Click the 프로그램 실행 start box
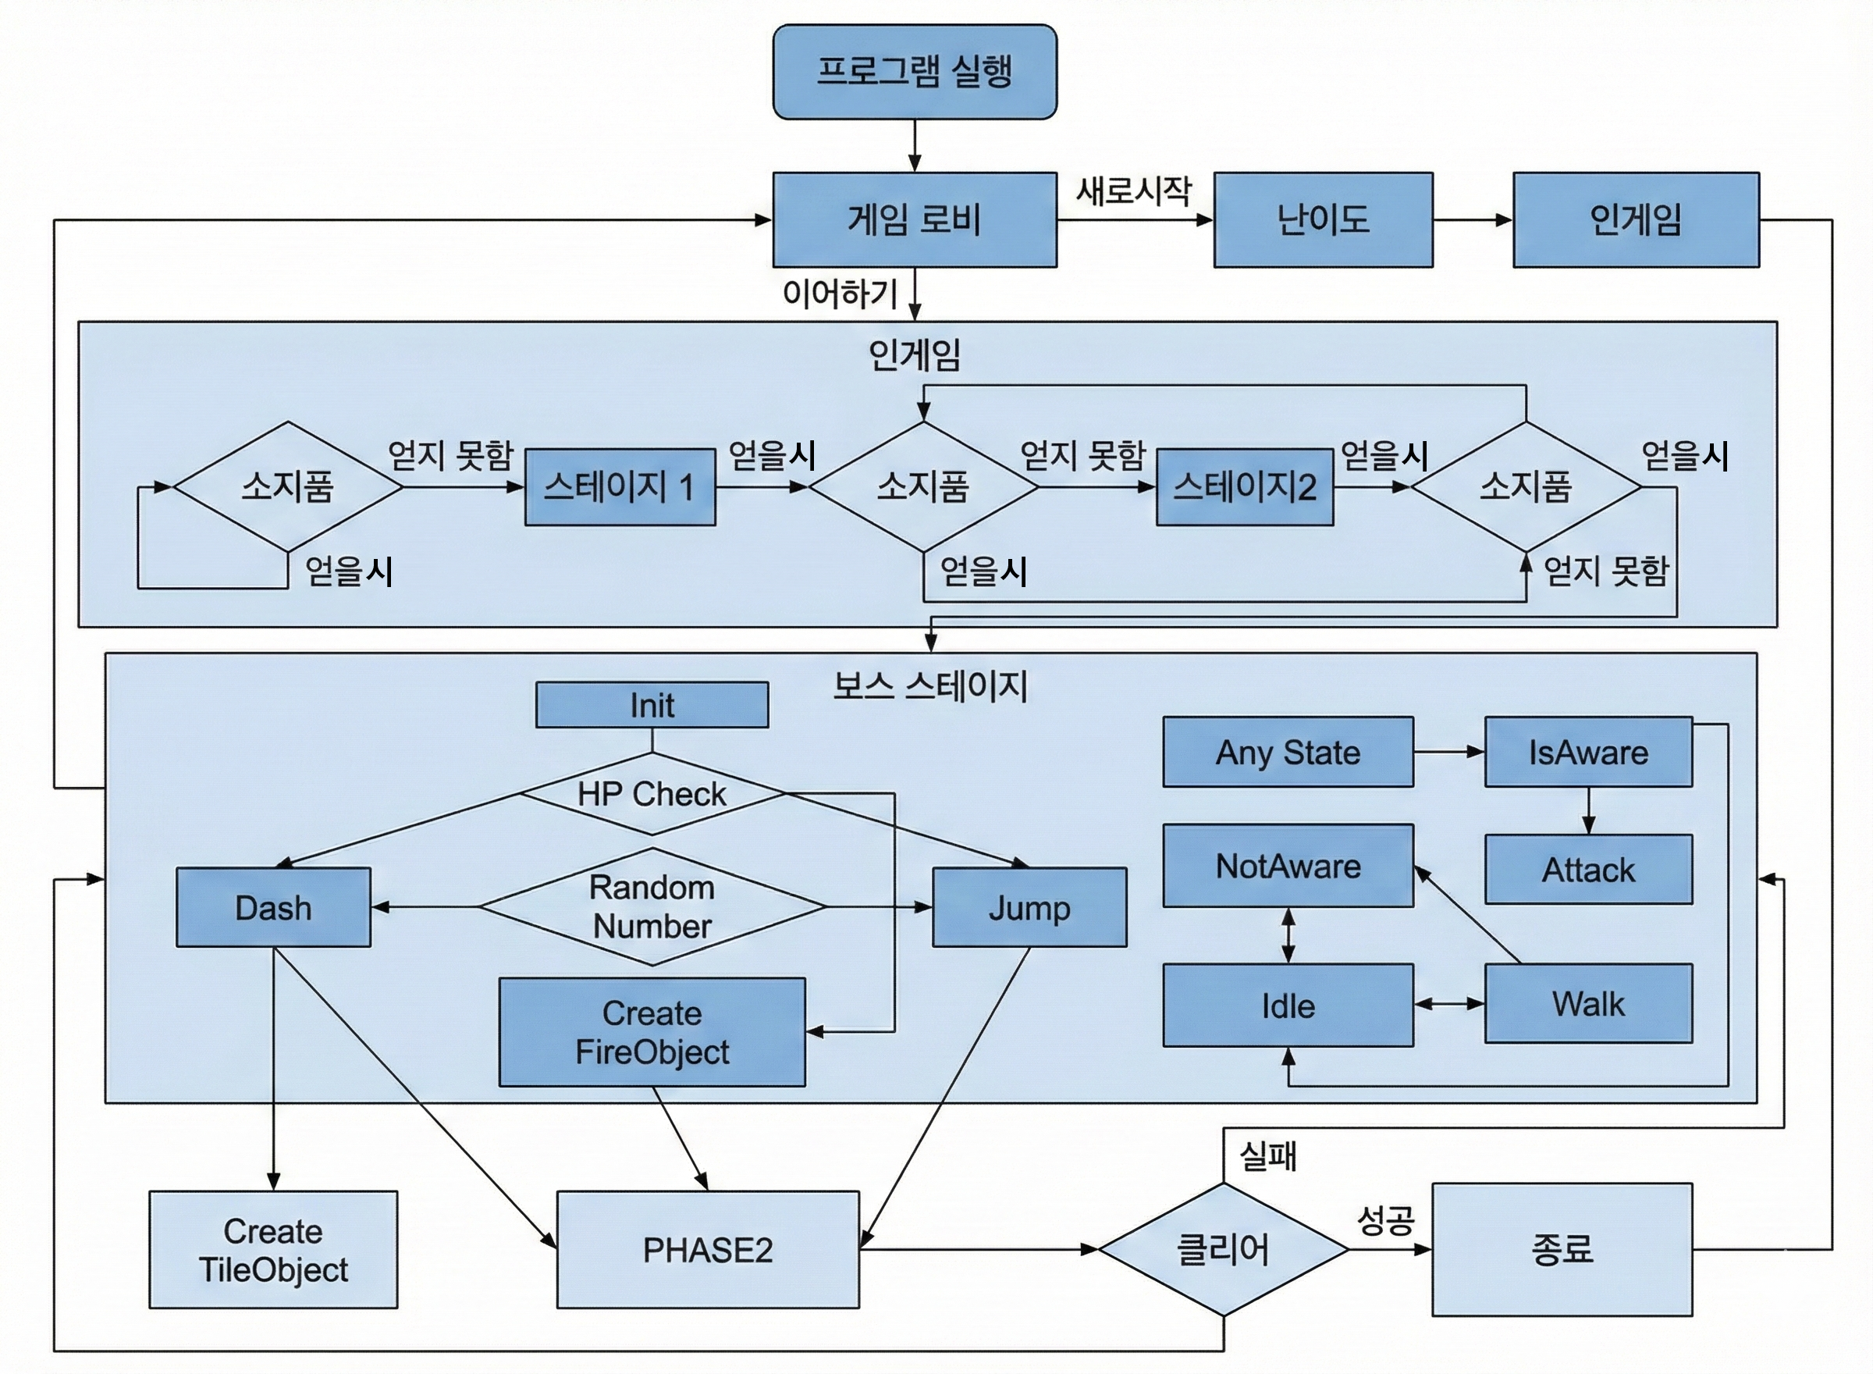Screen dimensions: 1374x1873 [x=915, y=72]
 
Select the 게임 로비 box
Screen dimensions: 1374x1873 [x=915, y=219]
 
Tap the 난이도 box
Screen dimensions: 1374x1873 [x=1323, y=219]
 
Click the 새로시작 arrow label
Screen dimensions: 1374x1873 [x=1134, y=191]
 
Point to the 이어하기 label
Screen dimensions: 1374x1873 [x=841, y=294]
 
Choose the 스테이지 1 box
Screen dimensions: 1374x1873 [x=620, y=486]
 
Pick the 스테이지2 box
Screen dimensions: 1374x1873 [x=1245, y=486]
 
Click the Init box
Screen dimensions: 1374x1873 [x=652, y=705]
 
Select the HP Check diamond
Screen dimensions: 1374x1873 [x=652, y=793]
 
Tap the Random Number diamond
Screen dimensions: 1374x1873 [x=652, y=906]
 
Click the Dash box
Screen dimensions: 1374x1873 [x=273, y=907]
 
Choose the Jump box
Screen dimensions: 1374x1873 [x=1029, y=907]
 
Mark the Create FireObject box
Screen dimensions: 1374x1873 [x=652, y=1032]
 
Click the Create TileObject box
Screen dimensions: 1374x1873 [x=273, y=1249]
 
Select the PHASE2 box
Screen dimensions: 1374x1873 [x=708, y=1249]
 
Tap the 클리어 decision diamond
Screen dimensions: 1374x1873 [x=1223, y=1249]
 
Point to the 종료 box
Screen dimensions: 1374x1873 [x=1562, y=1249]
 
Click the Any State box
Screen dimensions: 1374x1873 [x=1288, y=752]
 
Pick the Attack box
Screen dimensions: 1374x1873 [x=1588, y=869]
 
